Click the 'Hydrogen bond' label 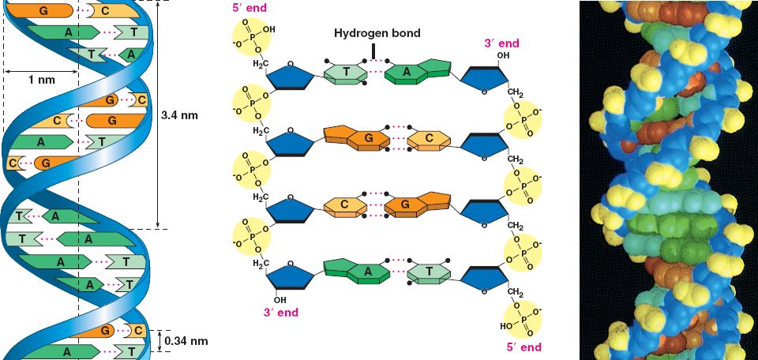[376, 34]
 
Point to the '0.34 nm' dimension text [188, 342]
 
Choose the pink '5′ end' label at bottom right [523, 347]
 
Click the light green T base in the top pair [346, 74]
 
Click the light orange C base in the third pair [345, 204]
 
